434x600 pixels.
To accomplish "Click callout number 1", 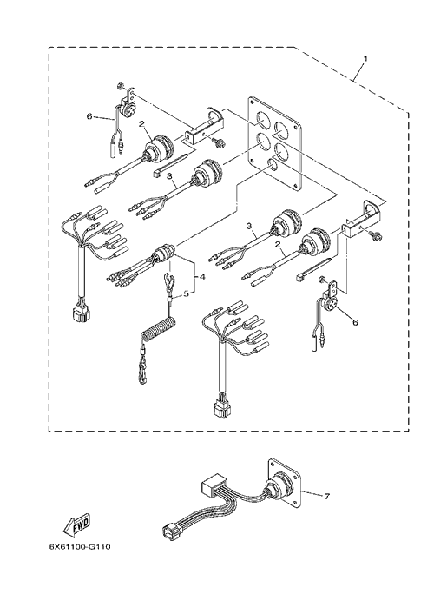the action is pyautogui.click(x=365, y=58).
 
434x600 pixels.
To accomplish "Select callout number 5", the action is pyautogui.click(x=186, y=293).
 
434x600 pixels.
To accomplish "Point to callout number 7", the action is pyautogui.click(x=326, y=497).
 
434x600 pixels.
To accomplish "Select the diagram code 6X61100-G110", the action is pyautogui.click(x=79, y=546).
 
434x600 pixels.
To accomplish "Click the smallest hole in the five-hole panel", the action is pyautogui.click(x=273, y=164).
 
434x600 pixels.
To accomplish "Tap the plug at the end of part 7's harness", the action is pyautogui.click(x=169, y=532).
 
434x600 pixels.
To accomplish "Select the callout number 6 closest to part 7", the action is pyautogui.click(x=355, y=323).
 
